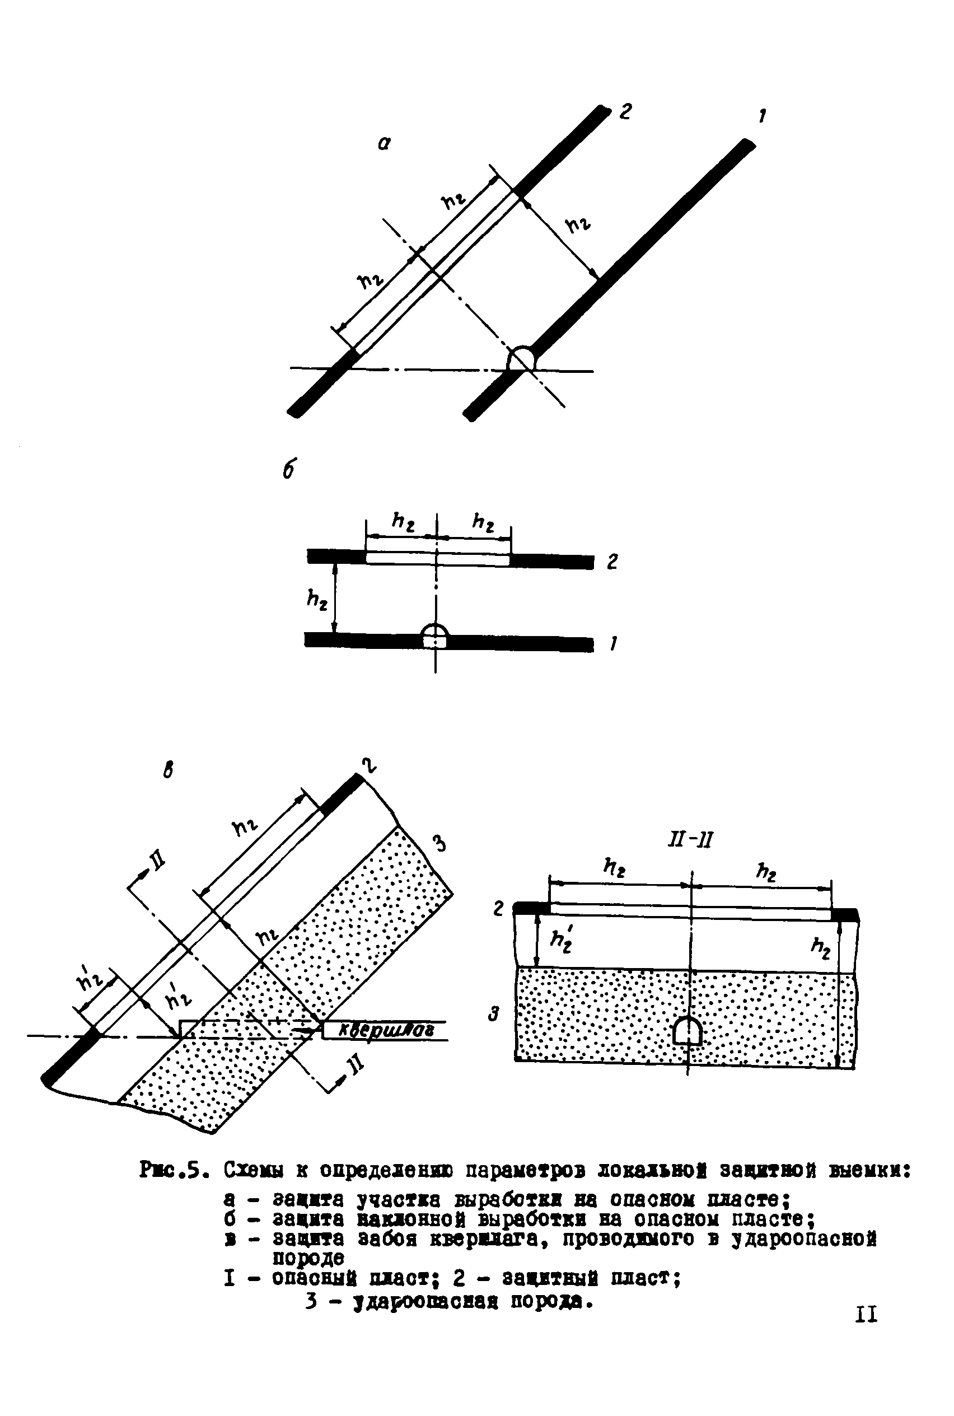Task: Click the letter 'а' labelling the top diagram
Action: point(384,143)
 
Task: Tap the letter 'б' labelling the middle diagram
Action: point(289,469)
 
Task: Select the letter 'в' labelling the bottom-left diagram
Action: point(169,771)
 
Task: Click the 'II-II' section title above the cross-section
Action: point(689,840)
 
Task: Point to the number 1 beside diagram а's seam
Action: point(762,115)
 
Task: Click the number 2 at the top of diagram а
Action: point(625,111)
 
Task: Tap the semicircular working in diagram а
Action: point(521,358)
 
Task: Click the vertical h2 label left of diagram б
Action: point(317,601)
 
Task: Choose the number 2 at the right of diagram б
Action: point(612,562)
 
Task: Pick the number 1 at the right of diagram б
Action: point(613,643)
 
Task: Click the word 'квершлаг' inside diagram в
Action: point(386,1030)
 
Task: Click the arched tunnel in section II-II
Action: point(688,1031)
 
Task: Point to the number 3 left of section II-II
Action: point(495,1015)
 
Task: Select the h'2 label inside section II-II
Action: point(560,941)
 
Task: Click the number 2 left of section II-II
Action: point(498,909)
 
